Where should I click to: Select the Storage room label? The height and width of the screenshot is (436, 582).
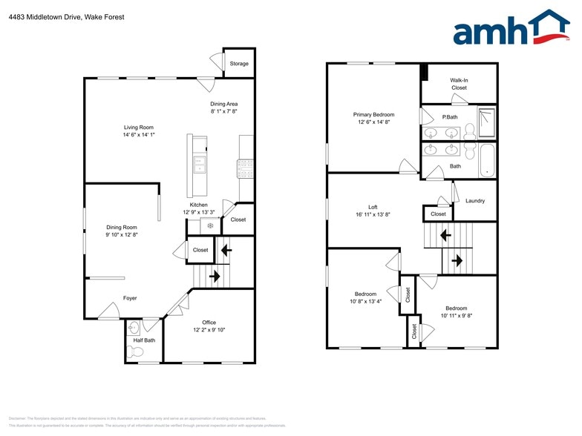pos(239,64)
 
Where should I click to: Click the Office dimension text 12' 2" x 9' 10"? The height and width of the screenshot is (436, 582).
pos(209,329)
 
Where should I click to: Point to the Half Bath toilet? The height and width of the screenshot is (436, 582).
pos(135,351)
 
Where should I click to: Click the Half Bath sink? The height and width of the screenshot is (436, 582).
pos(134,327)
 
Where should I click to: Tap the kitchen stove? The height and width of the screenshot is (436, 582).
pos(246,168)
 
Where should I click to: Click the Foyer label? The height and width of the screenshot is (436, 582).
pos(130,298)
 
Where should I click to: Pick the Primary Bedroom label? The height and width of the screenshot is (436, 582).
pos(373,115)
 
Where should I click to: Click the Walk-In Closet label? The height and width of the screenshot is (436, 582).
pos(459,84)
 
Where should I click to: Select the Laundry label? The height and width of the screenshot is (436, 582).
pos(475,201)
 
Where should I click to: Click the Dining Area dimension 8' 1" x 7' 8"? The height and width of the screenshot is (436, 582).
pos(223,111)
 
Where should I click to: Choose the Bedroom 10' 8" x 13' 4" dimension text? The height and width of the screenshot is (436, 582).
pos(365,301)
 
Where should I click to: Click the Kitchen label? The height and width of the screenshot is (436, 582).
pos(198,205)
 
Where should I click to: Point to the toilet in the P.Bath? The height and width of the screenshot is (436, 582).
pos(469,132)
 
